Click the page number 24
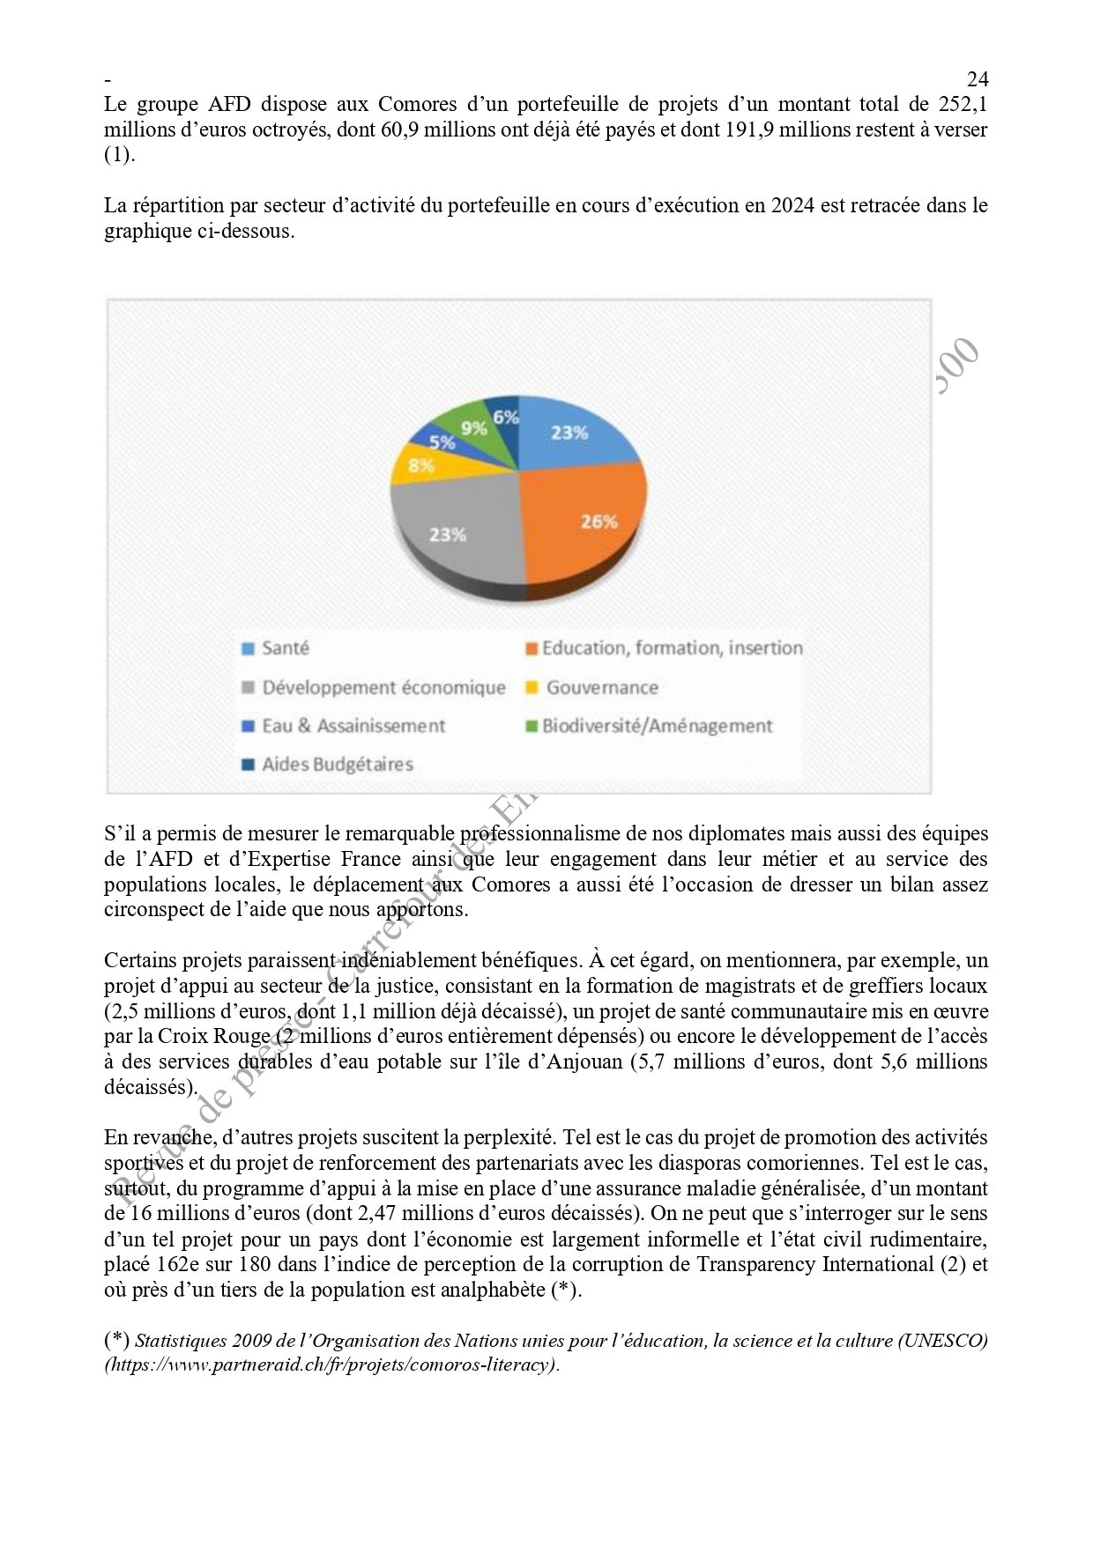pyautogui.click(x=977, y=78)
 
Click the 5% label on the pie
pyautogui.click(x=442, y=442)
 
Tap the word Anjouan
pyautogui.click(x=585, y=1061)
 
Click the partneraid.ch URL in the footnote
pyautogui.click(x=332, y=1365)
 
